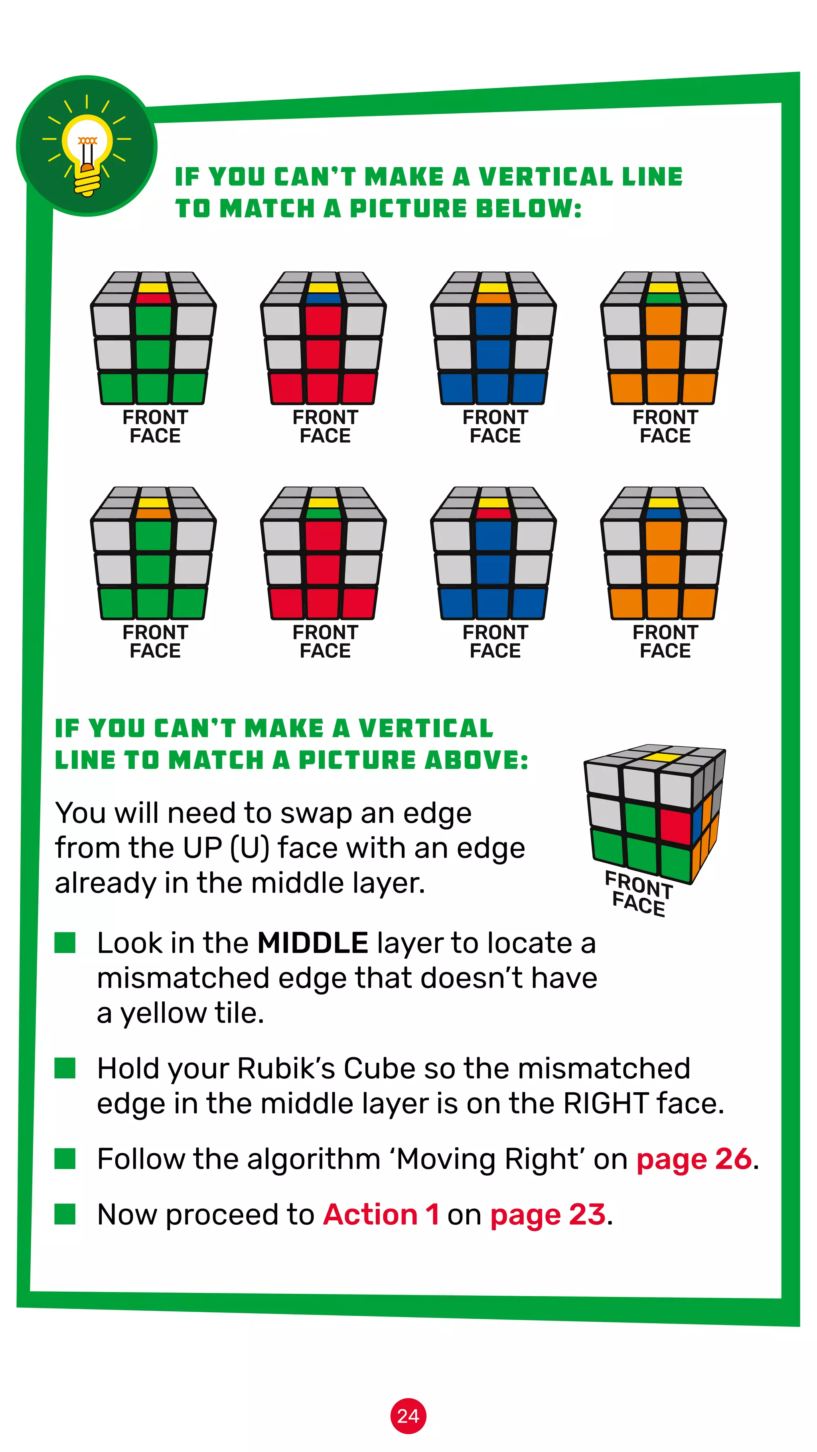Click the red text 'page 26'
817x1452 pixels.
(x=693, y=1159)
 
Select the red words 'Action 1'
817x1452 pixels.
(x=381, y=1215)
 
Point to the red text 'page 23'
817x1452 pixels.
(x=547, y=1215)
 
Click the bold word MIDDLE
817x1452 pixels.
(x=312, y=944)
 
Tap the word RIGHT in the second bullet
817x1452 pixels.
(x=606, y=1103)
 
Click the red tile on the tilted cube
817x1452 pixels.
(x=675, y=826)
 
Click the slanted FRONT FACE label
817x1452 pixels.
(x=638, y=893)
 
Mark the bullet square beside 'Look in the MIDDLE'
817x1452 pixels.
(x=65, y=942)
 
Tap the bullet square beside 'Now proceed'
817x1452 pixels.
(x=65, y=1214)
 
